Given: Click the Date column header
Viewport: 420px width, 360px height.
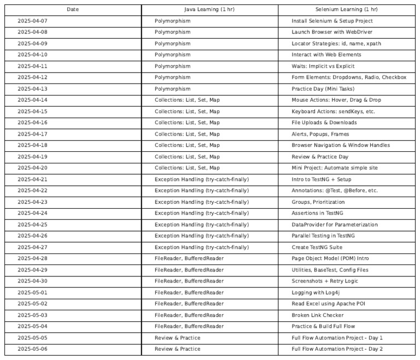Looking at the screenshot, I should (73, 10).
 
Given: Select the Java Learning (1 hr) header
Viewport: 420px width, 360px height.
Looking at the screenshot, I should (209, 10).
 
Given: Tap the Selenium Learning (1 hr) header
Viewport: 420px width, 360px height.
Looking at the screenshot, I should (346, 10).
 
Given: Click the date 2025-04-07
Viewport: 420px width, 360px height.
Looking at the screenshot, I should (33, 21).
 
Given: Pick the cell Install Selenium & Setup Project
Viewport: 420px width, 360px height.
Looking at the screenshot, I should (332, 21).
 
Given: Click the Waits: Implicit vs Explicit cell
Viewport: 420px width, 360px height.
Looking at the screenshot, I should (323, 66).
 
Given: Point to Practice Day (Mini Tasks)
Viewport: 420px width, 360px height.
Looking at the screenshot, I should (323, 89).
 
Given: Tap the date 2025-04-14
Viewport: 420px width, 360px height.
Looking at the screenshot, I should (33, 100).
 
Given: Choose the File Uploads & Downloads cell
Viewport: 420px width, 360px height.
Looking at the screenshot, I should (324, 123).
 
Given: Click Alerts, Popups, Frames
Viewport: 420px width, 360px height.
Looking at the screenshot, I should (320, 134).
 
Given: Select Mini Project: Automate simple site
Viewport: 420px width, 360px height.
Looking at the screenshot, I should (335, 168).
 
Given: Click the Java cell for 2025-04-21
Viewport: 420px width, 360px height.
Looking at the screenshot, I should (201, 179).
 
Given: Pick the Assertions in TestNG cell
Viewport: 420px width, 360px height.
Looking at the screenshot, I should (318, 213).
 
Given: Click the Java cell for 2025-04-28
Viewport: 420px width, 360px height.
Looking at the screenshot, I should (189, 258).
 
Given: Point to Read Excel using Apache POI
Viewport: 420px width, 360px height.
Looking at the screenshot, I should (327, 304).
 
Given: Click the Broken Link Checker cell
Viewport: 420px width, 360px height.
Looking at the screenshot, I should (318, 315).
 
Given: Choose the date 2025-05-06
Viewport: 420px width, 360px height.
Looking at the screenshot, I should (33, 349).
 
